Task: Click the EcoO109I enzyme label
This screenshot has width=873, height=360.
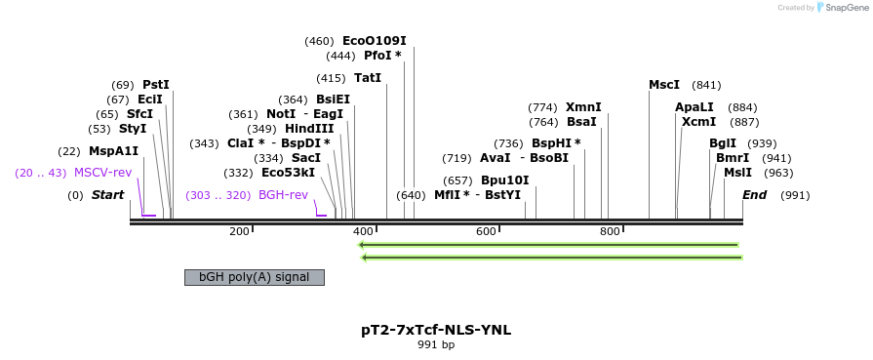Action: click(374, 41)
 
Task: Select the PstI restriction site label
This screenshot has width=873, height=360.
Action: click(155, 85)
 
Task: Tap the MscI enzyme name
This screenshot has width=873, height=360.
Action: click(664, 85)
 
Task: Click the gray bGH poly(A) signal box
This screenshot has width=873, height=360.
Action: click(254, 277)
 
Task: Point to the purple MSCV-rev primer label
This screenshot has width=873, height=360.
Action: click(103, 173)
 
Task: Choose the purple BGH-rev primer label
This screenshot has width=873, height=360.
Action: click(283, 195)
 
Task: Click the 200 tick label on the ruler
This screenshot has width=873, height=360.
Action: click(239, 231)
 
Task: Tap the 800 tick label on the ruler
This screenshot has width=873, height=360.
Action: click(610, 231)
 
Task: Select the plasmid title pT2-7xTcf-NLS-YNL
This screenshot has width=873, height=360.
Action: click(436, 330)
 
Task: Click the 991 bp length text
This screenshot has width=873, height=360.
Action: click(436, 344)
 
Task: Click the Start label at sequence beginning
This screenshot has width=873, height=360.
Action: click(107, 195)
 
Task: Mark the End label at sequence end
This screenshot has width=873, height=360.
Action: click(754, 195)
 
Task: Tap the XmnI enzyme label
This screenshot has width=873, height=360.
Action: click(583, 107)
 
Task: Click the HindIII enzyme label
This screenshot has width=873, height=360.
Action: click(309, 129)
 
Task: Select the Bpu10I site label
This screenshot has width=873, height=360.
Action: click(504, 180)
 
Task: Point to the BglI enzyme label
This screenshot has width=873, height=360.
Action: click(724, 143)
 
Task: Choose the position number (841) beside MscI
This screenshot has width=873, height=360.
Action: click(706, 85)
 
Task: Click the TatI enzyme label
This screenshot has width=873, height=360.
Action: click(368, 78)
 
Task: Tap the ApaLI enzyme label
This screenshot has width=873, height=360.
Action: click(694, 107)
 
